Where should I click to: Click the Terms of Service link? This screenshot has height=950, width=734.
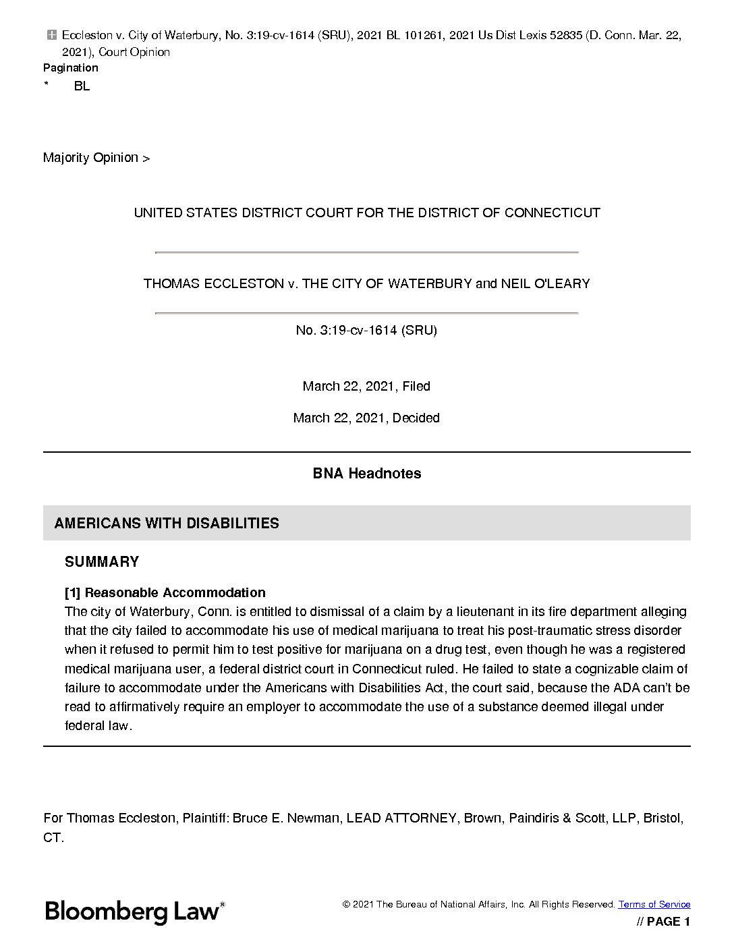pyautogui.click(x=654, y=904)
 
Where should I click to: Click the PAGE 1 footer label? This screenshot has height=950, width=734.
pyautogui.click(x=663, y=922)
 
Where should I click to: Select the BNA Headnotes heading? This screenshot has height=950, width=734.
pyautogui.click(x=366, y=474)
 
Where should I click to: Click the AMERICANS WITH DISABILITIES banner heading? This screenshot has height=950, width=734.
pyautogui.click(x=167, y=524)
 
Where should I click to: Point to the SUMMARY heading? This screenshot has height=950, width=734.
pyautogui.click(x=102, y=562)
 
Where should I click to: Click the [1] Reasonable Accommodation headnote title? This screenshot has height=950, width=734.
pyautogui.click(x=165, y=593)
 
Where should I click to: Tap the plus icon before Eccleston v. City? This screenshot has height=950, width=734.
pyautogui.click(x=52, y=35)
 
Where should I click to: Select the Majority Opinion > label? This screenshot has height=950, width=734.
pyautogui.click(x=96, y=158)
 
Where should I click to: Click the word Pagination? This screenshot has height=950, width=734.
pyautogui.click(x=70, y=68)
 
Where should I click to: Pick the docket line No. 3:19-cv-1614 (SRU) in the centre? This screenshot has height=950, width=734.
pyautogui.click(x=366, y=331)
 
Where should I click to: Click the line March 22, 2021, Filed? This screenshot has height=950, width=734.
pyautogui.click(x=366, y=387)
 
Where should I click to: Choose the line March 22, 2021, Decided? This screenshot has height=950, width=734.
pyautogui.click(x=366, y=418)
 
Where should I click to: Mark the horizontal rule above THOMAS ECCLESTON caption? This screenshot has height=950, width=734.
pyautogui.click(x=366, y=252)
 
